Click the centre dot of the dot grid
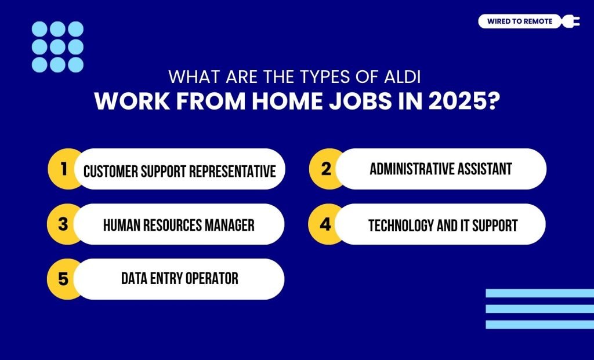[x=57, y=46]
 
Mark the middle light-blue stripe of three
[x=539, y=309]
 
